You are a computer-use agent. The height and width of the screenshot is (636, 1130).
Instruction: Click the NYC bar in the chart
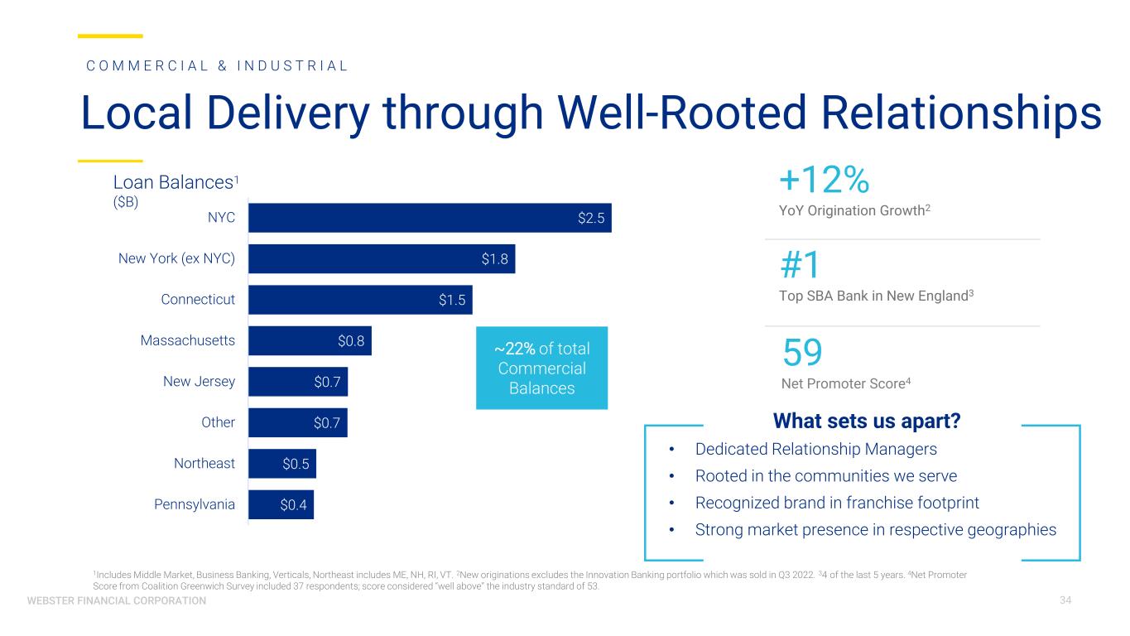(x=430, y=218)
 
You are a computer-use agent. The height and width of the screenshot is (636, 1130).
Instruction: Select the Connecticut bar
(x=360, y=300)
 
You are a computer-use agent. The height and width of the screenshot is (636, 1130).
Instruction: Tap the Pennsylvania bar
(x=281, y=504)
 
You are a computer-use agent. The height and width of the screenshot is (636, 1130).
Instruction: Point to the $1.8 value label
(x=495, y=259)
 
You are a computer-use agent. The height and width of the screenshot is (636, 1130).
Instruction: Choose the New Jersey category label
(x=200, y=382)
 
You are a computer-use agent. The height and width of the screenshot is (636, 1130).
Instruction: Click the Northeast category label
(x=204, y=464)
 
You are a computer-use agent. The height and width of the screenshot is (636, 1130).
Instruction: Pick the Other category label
(x=219, y=422)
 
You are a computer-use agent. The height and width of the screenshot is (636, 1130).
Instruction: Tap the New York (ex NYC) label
(x=176, y=259)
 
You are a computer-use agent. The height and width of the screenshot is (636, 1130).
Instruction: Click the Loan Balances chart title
(x=176, y=181)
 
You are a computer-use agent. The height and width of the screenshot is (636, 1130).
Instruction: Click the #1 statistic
(x=801, y=265)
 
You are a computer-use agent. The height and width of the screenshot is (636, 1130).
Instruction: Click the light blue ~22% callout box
(x=541, y=368)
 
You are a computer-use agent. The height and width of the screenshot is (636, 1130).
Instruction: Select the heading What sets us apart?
(x=866, y=422)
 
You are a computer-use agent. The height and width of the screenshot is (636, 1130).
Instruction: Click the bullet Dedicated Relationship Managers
(x=815, y=449)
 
